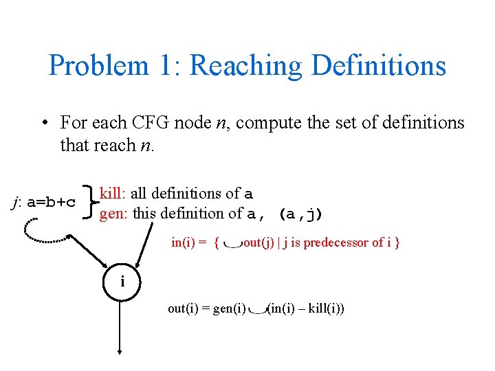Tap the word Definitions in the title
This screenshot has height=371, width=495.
click(378, 66)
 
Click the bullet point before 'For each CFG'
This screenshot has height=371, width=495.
click(43, 124)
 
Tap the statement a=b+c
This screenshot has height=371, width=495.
click(52, 202)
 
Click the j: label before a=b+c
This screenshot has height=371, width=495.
click(18, 202)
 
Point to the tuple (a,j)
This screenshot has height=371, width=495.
click(300, 214)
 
